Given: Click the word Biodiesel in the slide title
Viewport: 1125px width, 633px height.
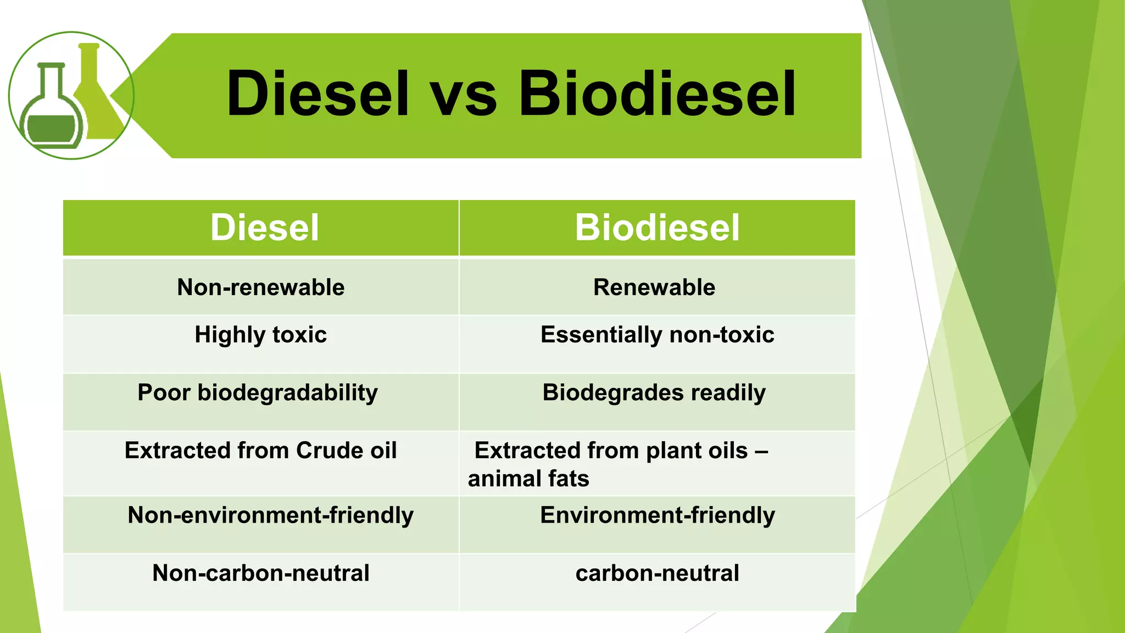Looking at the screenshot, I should [x=657, y=93].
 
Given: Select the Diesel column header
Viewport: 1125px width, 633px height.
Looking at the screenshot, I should [x=264, y=227].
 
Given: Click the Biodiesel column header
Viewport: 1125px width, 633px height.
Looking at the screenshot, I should [x=657, y=227].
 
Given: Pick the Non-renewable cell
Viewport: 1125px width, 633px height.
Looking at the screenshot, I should [x=260, y=287].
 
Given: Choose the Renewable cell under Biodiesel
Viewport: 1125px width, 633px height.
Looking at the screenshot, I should [x=654, y=287].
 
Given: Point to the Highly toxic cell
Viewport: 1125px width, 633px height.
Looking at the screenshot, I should [x=260, y=335].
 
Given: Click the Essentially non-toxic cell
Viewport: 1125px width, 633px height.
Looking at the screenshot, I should [x=657, y=335].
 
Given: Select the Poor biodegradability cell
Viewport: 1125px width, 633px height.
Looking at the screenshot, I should [x=258, y=393].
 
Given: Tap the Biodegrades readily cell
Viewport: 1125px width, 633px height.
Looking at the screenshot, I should [x=654, y=393].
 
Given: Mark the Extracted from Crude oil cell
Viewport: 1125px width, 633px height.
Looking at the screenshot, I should [x=260, y=451].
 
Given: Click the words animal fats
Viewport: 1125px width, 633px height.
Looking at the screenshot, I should [x=528, y=479].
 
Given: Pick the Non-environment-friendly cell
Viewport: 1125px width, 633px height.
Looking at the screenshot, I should [x=270, y=515].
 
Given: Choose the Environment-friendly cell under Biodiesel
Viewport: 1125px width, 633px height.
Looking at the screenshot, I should [x=657, y=515].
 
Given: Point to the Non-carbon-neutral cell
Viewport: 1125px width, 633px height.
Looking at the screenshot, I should [x=260, y=573].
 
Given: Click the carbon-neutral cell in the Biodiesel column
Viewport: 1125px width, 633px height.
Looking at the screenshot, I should [x=657, y=573].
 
